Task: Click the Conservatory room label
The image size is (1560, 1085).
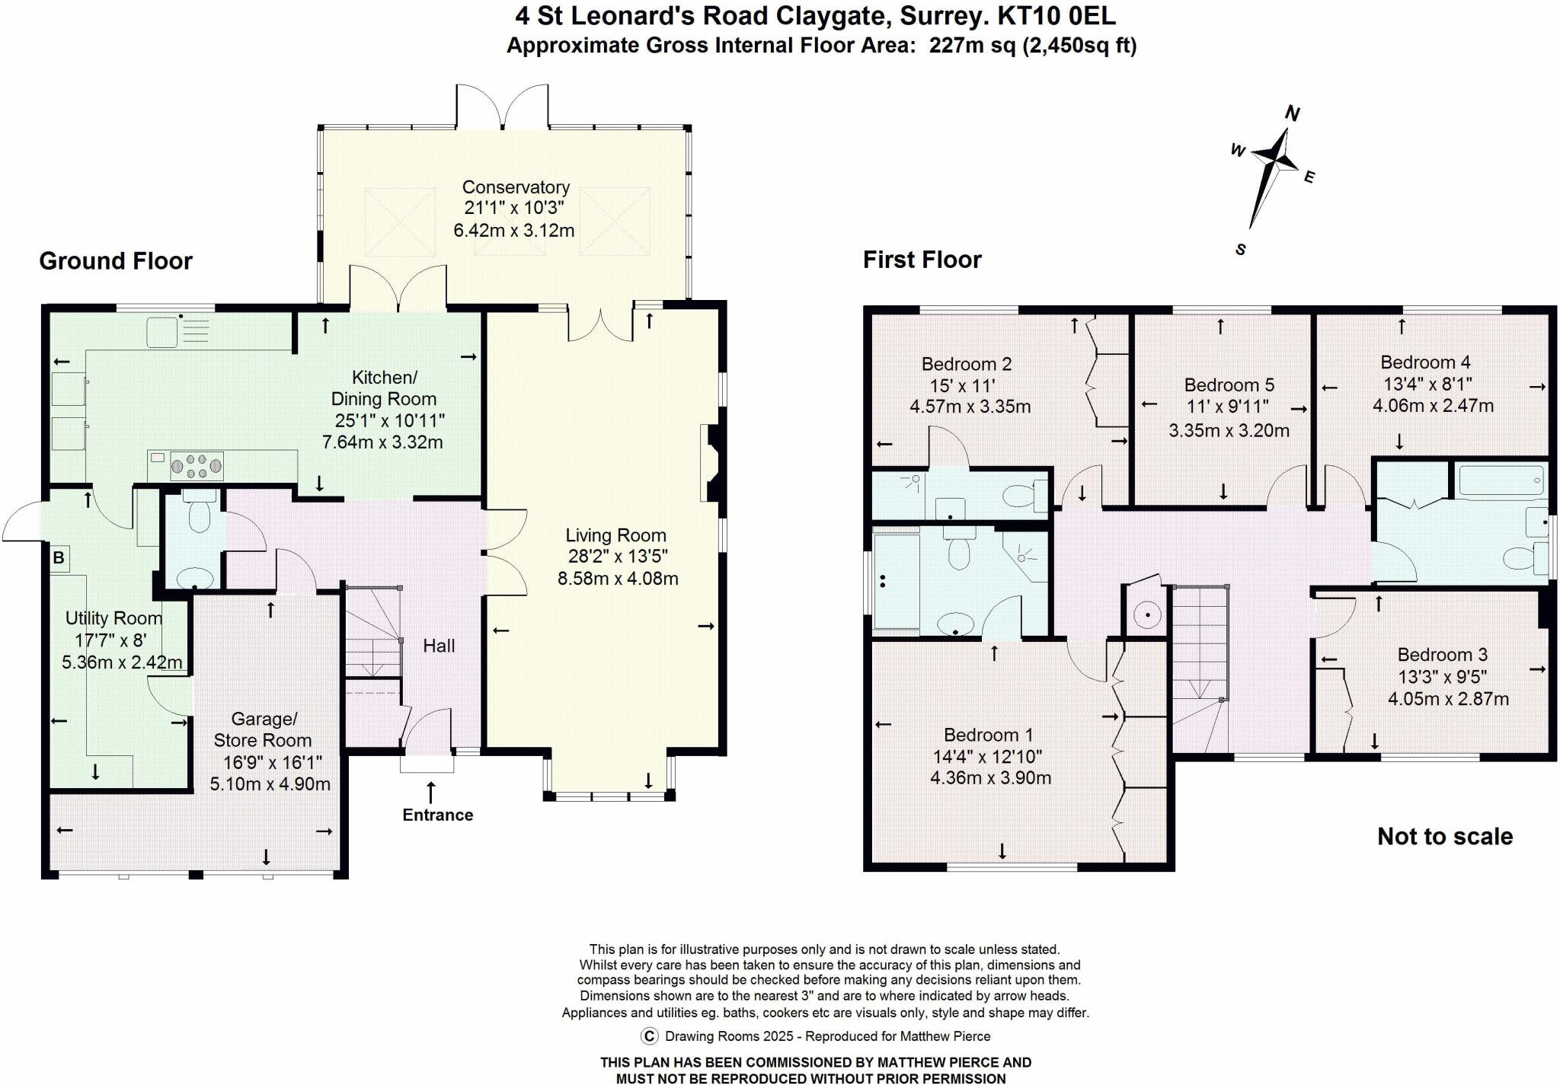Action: point(516,187)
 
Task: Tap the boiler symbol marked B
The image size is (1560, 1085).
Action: point(59,558)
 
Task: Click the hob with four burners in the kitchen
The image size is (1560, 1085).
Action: point(197,465)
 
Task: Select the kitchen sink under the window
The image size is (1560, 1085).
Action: point(163,331)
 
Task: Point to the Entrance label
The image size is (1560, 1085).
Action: point(437,815)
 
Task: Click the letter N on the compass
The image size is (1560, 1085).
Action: point(1292,114)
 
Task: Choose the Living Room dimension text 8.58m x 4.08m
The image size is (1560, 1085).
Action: point(618,579)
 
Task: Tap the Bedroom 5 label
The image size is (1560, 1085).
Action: point(1229,385)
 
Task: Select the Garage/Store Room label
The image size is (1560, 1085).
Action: point(263,729)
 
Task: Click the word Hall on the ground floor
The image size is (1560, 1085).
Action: point(439,646)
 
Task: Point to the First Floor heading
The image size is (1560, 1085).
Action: point(922,260)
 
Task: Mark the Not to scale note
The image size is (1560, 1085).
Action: point(1444,837)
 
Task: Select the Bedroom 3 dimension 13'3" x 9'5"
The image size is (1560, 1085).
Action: point(1443,677)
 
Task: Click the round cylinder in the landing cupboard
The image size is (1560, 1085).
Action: point(1146,614)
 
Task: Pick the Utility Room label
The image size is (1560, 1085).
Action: point(113,618)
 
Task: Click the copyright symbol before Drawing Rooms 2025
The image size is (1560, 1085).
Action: point(650,1036)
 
